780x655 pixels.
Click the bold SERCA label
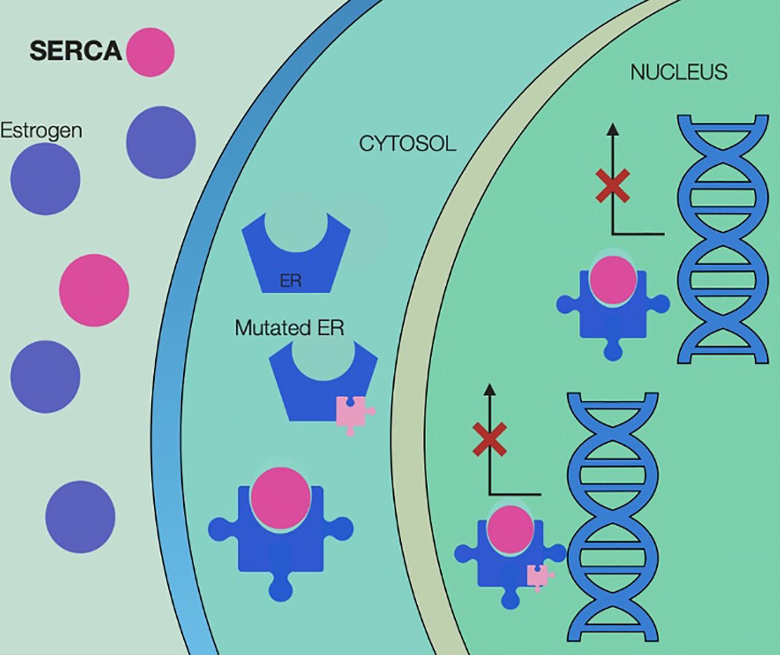pos(75,51)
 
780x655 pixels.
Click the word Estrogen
pos(41,131)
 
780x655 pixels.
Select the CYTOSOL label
pos(407,144)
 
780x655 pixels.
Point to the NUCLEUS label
pos(678,73)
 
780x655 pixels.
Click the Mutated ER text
pos(289,328)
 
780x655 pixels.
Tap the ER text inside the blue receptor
pos(291,281)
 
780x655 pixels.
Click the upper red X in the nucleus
pos(613,185)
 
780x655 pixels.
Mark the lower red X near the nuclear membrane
pos(490,439)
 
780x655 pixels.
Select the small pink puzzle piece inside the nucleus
pos(538,576)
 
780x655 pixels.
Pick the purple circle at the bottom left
pos(80,517)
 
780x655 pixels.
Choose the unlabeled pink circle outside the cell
pos(94,290)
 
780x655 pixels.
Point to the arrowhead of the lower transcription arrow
pos(490,389)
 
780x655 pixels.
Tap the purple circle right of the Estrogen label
pos(161,142)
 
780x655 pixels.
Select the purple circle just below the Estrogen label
pos(45,179)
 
